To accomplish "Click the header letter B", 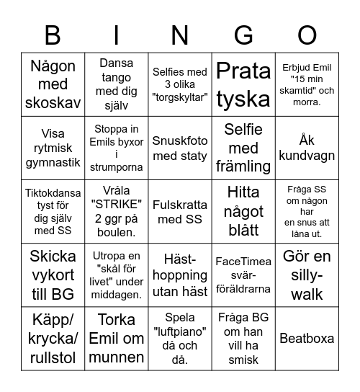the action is point(53,35).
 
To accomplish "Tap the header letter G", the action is point(244,35).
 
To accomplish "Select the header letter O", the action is point(307,35).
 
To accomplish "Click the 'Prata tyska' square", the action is point(243,85).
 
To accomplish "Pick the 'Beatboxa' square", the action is point(307,338).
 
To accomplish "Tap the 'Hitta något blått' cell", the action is point(243,212).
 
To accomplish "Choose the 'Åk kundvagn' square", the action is point(307,148).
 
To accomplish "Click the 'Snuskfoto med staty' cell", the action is point(180,148).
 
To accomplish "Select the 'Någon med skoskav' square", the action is point(53,85).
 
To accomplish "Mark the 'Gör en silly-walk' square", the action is point(307,275).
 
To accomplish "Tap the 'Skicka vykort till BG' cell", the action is point(53,275).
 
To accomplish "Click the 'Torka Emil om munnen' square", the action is point(116,338).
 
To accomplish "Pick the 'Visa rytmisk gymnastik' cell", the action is point(53,148).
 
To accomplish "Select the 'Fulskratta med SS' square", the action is point(180,212).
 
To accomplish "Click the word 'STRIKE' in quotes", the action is point(116,205).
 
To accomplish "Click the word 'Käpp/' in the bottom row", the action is point(53,320).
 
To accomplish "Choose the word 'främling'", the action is point(243,166).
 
